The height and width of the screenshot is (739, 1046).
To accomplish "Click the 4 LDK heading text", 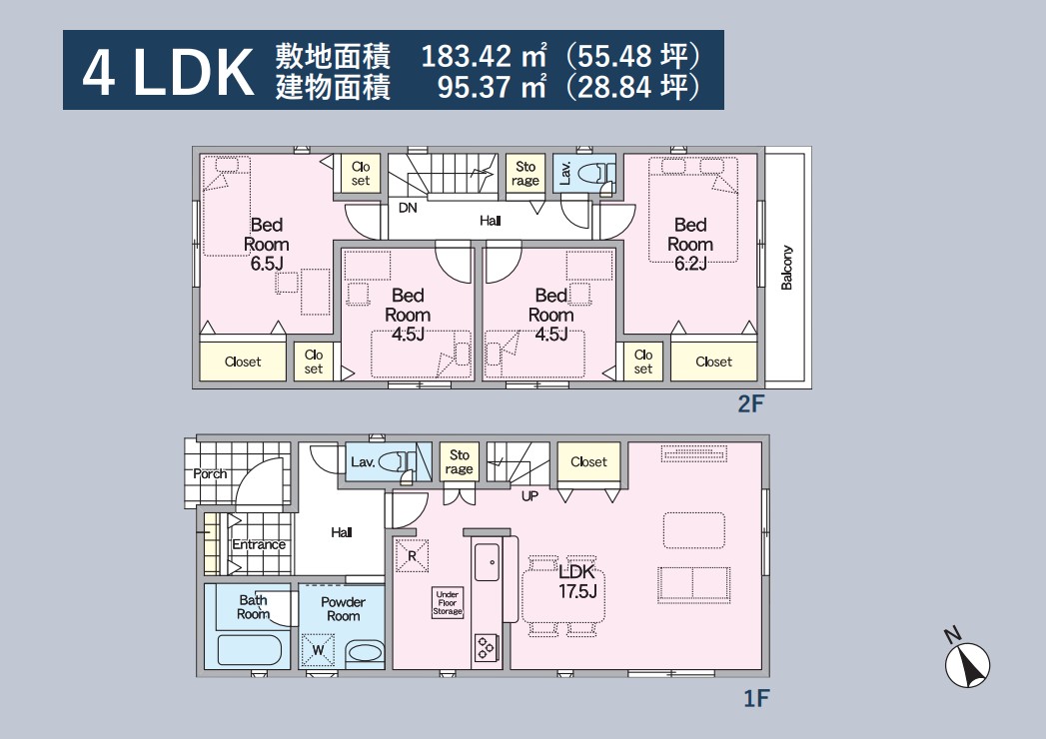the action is click(168, 72).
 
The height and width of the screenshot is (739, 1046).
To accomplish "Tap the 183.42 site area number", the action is click(467, 56).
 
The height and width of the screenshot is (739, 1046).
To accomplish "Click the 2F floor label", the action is click(750, 403).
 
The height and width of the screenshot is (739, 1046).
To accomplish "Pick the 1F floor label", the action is click(756, 698).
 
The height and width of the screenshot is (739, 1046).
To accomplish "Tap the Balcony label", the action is click(787, 268).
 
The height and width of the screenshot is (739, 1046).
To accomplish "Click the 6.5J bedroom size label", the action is click(267, 264).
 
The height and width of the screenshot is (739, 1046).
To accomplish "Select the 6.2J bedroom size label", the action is click(690, 264).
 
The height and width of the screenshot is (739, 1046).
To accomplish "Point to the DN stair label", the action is click(408, 208).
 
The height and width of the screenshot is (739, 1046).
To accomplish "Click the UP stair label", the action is click(529, 496).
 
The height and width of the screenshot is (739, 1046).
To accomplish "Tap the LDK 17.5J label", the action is click(577, 581).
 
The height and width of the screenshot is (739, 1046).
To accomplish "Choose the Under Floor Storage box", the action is click(447, 602).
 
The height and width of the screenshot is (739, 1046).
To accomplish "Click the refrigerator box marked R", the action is click(412, 555).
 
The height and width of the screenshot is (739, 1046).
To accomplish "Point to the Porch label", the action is click(210, 474).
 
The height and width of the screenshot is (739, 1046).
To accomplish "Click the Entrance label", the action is click(259, 544).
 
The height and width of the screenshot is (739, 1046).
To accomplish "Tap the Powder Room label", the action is click(343, 609).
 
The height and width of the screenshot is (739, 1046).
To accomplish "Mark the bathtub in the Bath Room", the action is click(250, 649).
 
